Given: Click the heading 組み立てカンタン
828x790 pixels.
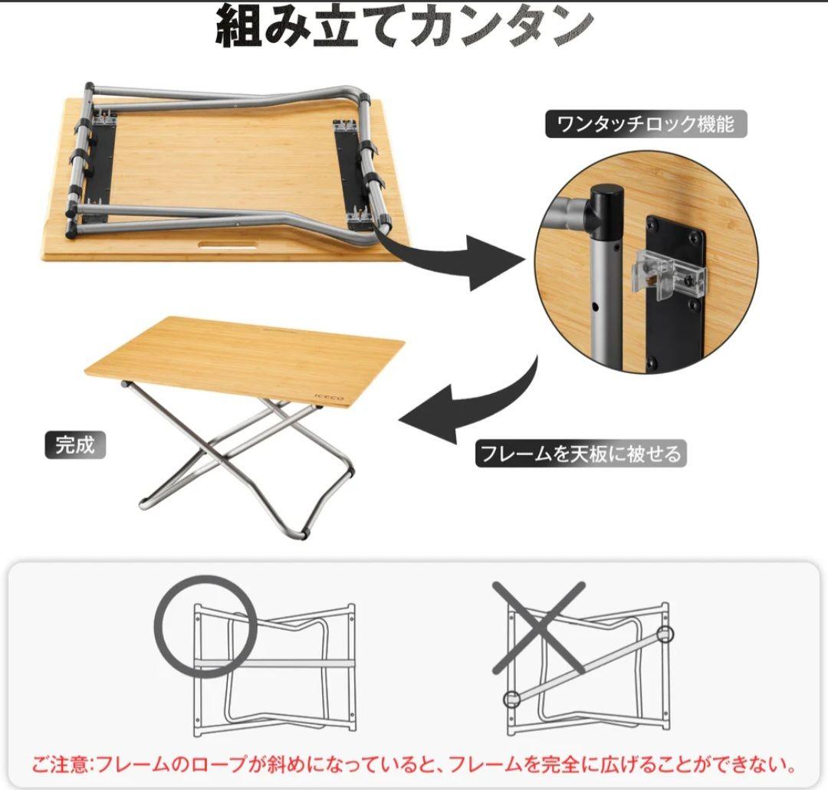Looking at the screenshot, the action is (405, 26).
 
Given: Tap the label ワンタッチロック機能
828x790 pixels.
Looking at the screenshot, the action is (646, 124).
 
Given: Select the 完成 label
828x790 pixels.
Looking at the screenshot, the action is (75, 445).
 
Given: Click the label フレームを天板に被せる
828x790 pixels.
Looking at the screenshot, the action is (581, 454).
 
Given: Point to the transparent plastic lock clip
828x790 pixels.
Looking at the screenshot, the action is (668, 274).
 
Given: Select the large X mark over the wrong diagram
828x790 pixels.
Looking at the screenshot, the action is (539, 628).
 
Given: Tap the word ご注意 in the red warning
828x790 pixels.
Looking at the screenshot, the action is (60, 764).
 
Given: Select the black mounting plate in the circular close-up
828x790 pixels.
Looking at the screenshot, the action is (676, 292).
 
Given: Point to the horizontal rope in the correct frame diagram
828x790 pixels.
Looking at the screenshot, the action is (274, 661).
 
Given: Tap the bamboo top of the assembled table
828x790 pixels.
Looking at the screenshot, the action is (244, 359).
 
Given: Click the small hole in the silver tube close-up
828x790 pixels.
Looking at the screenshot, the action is (595, 306).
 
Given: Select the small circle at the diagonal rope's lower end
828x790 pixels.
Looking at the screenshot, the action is (511, 699).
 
